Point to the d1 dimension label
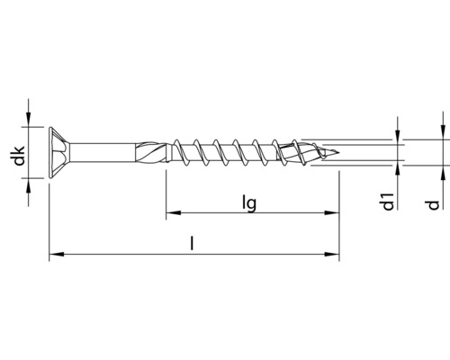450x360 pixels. coord(387,205)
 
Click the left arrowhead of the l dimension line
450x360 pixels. coord(55,256)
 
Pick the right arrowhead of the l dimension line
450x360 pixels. coord(334,256)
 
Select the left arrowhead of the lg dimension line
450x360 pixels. coord(171,214)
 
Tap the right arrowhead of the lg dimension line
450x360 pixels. coord(334,214)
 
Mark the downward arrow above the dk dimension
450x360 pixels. coord(32,119)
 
